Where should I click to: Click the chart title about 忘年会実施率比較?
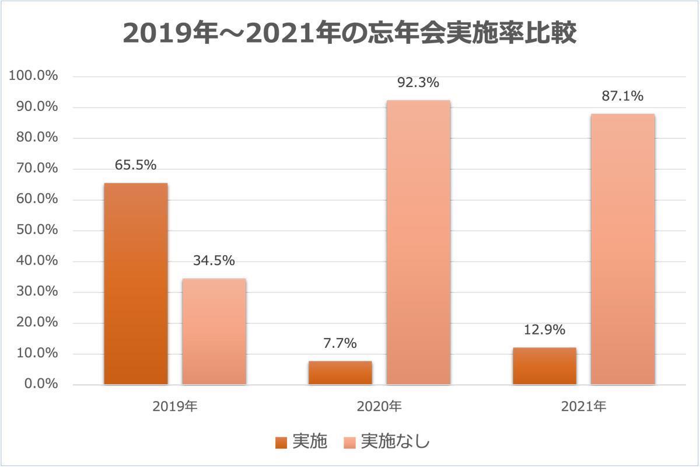click(x=350, y=34)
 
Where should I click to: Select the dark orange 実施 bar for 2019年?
click(x=136, y=284)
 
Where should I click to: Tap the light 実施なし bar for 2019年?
click(x=214, y=332)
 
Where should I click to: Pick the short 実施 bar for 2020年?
click(x=340, y=373)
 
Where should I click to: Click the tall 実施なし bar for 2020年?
click(x=418, y=242)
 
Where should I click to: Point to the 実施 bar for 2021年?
click(x=544, y=366)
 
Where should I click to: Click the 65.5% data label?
click(x=135, y=165)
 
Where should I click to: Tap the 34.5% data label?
click(x=214, y=260)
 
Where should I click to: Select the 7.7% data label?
click(x=340, y=343)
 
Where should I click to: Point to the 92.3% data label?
click(x=418, y=83)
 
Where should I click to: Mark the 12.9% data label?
click(x=544, y=330)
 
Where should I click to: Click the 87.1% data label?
click(x=622, y=96)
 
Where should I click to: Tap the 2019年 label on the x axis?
click(x=175, y=406)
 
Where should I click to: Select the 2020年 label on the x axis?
click(x=379, y=406)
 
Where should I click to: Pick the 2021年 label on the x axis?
click(x=583, y=406)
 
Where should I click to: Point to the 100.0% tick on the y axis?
click(x=32, y=76)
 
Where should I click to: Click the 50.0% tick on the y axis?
click(x=34, y=230)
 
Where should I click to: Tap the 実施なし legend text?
click(x=395, y=442)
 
